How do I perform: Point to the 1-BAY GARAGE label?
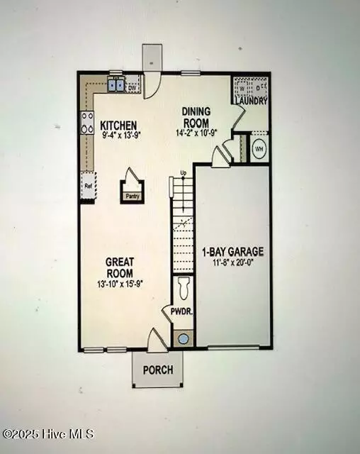(233, 251)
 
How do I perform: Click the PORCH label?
(157, 370)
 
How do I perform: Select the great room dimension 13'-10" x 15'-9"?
(120, 284)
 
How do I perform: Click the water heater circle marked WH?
(259, 150)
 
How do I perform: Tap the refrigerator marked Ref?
(88, 187)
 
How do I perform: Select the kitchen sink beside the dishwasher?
(116, 86)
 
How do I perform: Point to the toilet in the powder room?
(184, 287)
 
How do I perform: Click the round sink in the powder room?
(184, 338)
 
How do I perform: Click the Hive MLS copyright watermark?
(47, 434)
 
